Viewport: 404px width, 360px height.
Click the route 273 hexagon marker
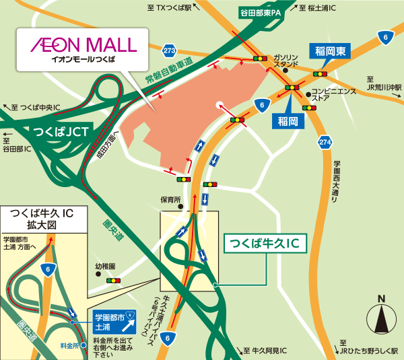pos(169,50)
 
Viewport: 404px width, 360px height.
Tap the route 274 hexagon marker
pos(325,142)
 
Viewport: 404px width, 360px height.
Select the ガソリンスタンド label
pos(285,61)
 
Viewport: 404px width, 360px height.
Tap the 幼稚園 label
pos(105,266)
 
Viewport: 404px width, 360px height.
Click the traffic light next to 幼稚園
pos(113,280)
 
